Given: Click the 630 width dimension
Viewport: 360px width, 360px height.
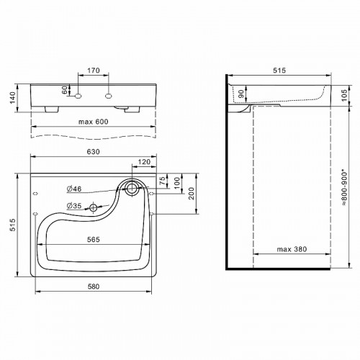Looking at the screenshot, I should coord(93,153).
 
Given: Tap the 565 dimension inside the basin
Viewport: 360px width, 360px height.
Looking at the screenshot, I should coord(92,240).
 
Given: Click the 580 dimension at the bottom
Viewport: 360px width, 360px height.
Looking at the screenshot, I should coord(93,287).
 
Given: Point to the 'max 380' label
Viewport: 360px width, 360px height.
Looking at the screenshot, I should coord(291,249).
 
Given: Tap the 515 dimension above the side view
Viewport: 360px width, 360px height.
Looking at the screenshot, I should coord(279,71).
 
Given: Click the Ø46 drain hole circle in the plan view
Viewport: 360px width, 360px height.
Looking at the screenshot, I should coord(132,189).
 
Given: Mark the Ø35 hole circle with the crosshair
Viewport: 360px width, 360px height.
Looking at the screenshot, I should coord(94,207).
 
